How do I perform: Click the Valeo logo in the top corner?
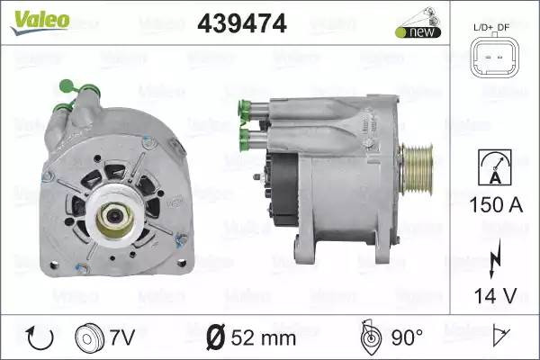pos(40,22)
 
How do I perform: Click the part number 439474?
pos(242,23)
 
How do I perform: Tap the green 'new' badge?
pos(418,32)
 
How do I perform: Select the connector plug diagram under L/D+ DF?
pos(494,58)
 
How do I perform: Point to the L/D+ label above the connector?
pos(483,27)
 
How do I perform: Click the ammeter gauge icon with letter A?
pos(495,167)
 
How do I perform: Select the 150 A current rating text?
pos(496,204)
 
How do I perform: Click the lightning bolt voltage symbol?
pos(495,260)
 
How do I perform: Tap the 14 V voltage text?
pos(496,295)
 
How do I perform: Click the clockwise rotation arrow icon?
pos(40,338)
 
